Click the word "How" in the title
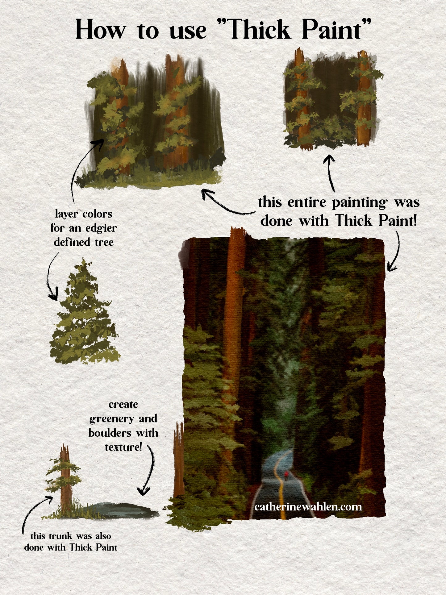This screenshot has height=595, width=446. [101, 30]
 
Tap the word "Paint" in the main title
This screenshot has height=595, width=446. [332, 30]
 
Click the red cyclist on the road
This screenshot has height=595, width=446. [286, 474]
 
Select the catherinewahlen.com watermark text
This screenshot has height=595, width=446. [308, 507]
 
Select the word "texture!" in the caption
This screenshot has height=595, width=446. [123, 447]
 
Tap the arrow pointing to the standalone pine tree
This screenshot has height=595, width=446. [52, 275]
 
